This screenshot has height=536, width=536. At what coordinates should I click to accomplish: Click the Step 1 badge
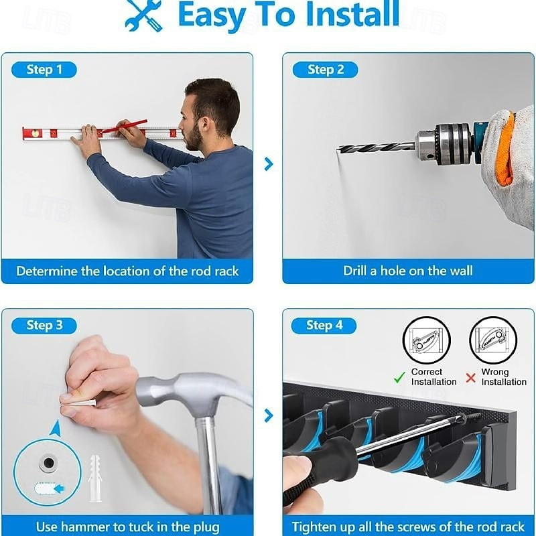coord(44,70)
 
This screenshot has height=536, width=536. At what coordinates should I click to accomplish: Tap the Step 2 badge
coord(326,70)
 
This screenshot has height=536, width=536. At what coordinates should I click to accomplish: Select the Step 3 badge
coord(44,326)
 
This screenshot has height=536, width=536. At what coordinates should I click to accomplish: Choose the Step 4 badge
coord(324,326)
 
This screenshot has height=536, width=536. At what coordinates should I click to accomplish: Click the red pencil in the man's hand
coord(125,127)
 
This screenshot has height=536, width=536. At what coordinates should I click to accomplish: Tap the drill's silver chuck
coord(444,143)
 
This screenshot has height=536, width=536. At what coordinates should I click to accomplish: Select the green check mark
coord(399,377)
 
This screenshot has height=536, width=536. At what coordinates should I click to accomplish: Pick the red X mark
coord(471,378)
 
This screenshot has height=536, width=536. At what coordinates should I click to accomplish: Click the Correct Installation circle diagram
coord(426,340)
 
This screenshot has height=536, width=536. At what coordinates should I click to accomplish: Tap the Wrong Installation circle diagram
coord(493,340)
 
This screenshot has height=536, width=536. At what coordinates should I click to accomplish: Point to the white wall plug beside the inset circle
coord(94,478)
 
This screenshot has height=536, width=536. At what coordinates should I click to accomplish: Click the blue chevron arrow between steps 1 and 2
coord(269,164)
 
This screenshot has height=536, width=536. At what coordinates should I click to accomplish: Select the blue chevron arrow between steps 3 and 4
coord(269,415)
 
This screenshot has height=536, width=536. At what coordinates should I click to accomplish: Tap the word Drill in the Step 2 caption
coord(354,271)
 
